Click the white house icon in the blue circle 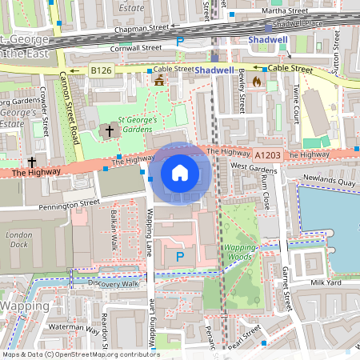180,172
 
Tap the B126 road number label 100,71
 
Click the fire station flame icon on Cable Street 257,81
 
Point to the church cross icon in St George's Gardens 109,130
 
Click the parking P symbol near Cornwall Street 180,41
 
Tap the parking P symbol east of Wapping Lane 179,257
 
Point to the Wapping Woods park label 239,253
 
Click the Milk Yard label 326,282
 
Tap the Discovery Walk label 114,283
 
